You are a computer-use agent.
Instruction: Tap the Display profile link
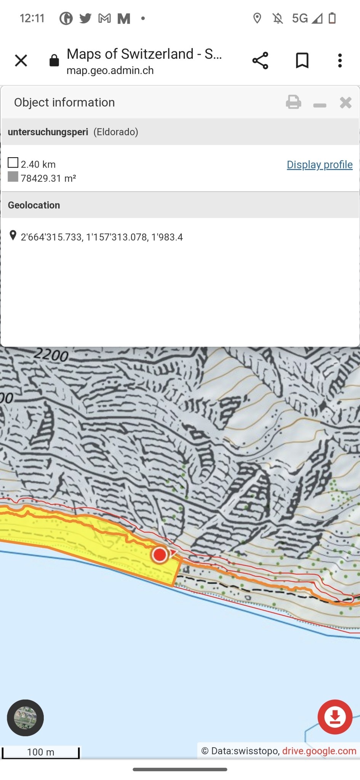(x=319, y=165)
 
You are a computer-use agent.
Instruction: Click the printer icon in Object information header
(x=293, y=102)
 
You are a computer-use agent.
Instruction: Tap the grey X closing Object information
(x=346, y=102)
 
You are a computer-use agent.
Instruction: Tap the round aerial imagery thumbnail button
(x=25, y=718)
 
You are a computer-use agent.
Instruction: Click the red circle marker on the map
(x=160, y=555)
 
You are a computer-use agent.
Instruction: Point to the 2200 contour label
(x=51, y=355)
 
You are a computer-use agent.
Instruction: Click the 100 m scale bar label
(x=40, y=752)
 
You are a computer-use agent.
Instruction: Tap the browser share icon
(x=260, y=61)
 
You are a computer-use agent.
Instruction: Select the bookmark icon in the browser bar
(x=302, y=61)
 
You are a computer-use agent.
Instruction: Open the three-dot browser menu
(x=340, y=61)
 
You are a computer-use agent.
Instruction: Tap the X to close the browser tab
(x=21, y=61)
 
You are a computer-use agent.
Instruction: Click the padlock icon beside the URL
(x=54, y=61)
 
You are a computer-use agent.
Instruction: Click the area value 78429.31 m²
(x=48, y=178)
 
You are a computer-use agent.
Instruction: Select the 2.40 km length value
(x=38, y=164)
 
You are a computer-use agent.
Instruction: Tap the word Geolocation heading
(x=34, y=205)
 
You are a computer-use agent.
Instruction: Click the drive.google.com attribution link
(x=319, y=751)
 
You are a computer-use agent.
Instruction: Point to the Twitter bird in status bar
(x=85, y=18)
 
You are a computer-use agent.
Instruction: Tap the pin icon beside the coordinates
(x=13, y=235)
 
